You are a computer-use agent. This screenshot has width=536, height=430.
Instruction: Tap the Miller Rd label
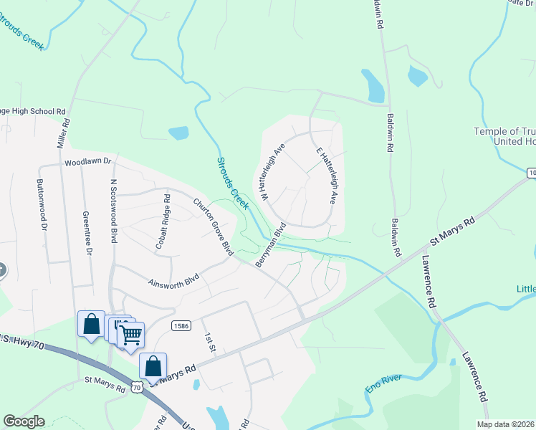(x=64, y=133)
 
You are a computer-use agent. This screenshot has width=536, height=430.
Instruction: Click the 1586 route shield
(x=181, y=326)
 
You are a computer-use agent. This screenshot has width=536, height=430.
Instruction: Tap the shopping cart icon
(x=130, y=334)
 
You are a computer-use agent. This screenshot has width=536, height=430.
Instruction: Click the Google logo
(x=24, y=421)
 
